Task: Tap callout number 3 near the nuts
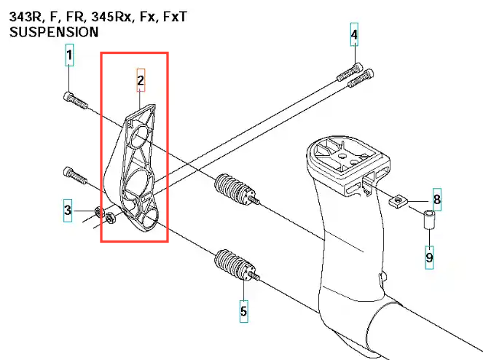coord(67,211)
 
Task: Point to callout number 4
coord(354,35)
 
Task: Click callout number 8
coord(437,199)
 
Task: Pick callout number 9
coord(429,257)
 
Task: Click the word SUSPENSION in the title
coord(54,32)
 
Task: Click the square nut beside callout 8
coord(398,199)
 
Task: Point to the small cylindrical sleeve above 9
coord(429,219)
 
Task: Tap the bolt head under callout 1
coord(69,96)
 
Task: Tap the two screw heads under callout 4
coord(356,75)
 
